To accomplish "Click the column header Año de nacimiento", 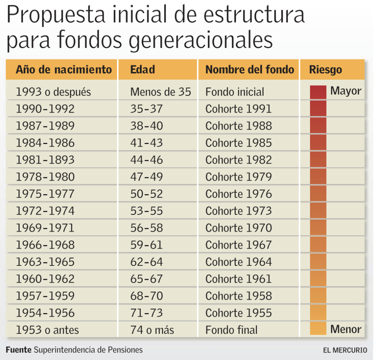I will tap(63, 69).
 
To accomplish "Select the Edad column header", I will tap(142, 69).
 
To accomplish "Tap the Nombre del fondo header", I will tap(250, 69).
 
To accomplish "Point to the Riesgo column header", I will tap(326, 69).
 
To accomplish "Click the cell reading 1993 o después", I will tap(53, 92).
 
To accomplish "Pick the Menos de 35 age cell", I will tap(161, 92).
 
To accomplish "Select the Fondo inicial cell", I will tap(235, 92).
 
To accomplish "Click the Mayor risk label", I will tap(346, 91).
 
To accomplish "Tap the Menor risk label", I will tap(346, 329).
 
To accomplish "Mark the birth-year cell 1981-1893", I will tap(45, 160).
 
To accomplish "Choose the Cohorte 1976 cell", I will tap(238, 194).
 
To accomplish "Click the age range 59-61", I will tap(146, 245).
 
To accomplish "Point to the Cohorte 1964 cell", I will tap(238, 262).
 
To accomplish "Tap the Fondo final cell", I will tap(231, 330).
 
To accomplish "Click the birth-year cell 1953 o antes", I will tap(47, 330).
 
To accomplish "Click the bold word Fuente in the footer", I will tap(18, 350).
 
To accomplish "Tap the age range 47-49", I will tap(146, 177).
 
